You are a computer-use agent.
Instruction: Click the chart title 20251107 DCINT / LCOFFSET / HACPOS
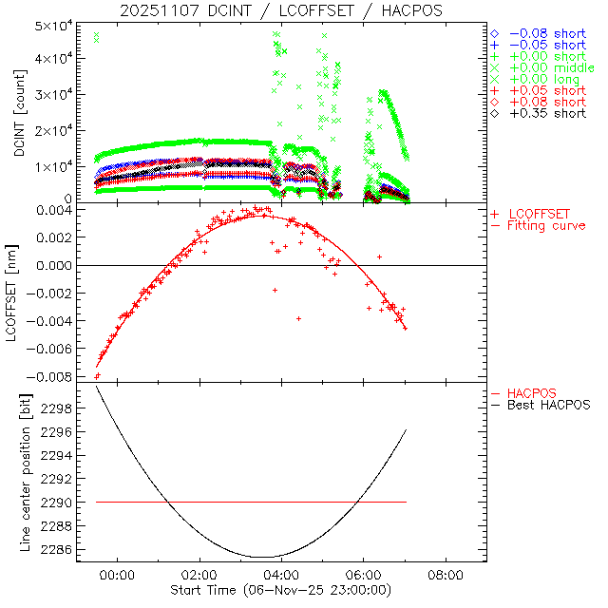281,10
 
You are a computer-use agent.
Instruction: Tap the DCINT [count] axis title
20,107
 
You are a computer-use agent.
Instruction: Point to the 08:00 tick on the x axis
446,575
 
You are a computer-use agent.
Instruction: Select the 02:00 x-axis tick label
200,575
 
